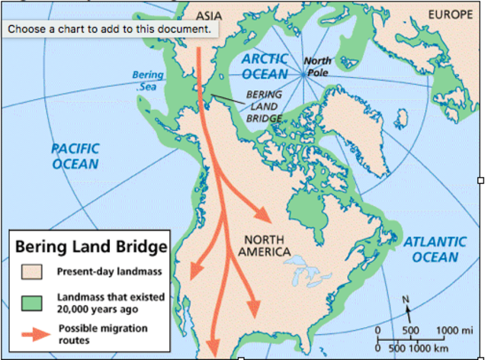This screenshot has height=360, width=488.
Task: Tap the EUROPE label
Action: pos(450,14)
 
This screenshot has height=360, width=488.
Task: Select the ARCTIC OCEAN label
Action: pos(265,66)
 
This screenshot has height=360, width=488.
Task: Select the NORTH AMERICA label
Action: pos(264,244)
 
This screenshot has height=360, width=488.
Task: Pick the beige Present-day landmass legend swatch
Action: pos(31,272)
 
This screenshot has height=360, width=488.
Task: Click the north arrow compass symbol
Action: pos(407,309)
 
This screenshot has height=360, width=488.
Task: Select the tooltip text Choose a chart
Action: pos(109,28)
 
